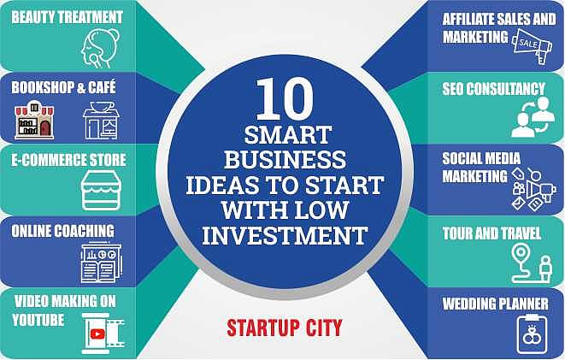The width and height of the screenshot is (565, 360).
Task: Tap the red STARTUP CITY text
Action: click(x=285, y=327)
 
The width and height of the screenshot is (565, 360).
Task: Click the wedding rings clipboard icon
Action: click(x=534, y=333)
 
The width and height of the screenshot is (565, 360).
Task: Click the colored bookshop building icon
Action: click(x=34, y=120)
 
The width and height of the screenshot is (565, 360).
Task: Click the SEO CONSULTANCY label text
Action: click(x=493, y=88)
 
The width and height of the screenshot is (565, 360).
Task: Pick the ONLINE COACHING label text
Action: click(x=62, y=231)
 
